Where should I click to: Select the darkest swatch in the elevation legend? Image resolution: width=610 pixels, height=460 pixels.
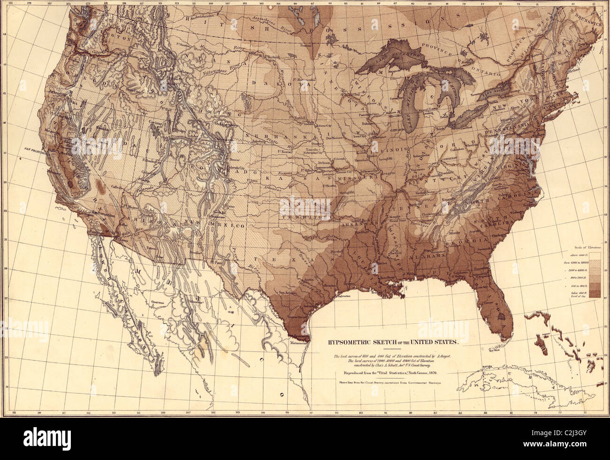click(595, 293)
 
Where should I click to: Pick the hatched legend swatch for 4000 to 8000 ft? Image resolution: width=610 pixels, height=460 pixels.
click(595, 264)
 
